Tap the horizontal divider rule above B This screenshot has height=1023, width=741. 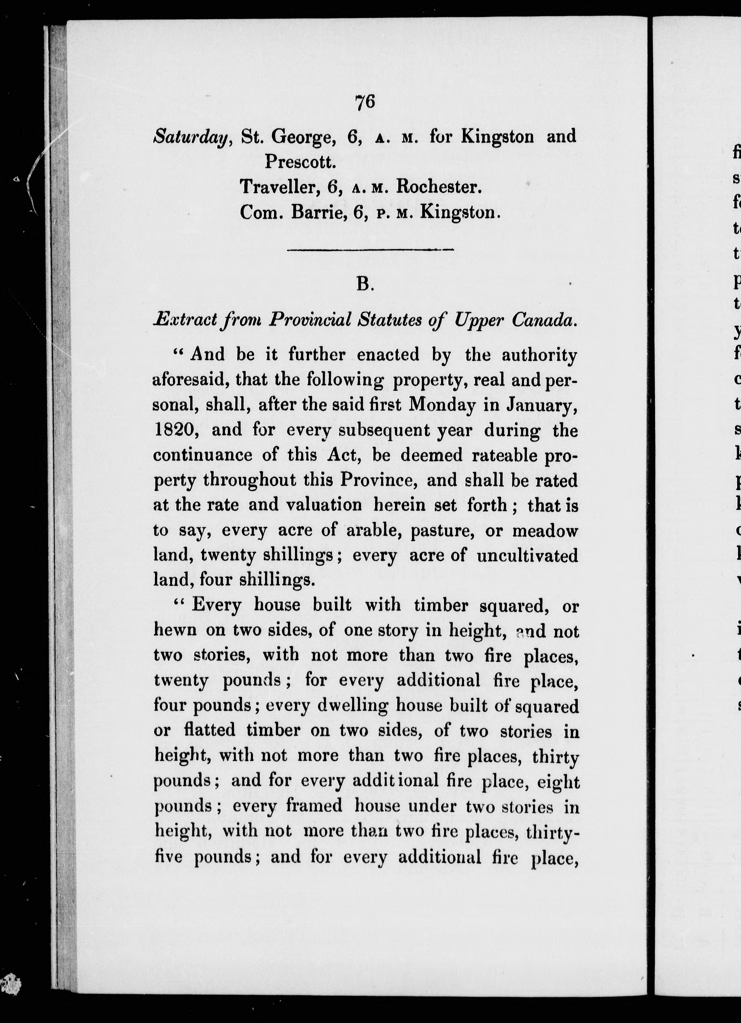(370, 249)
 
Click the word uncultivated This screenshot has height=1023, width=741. (527, 555)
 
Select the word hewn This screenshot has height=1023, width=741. (175, 630)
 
